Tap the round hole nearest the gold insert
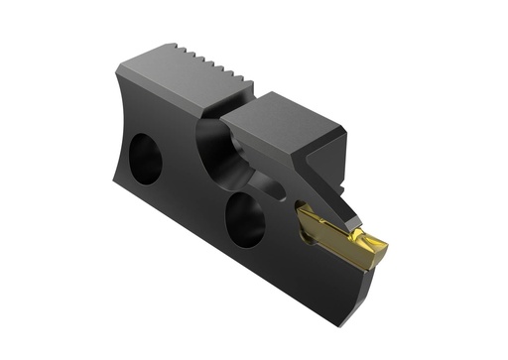(x=244, y=216)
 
